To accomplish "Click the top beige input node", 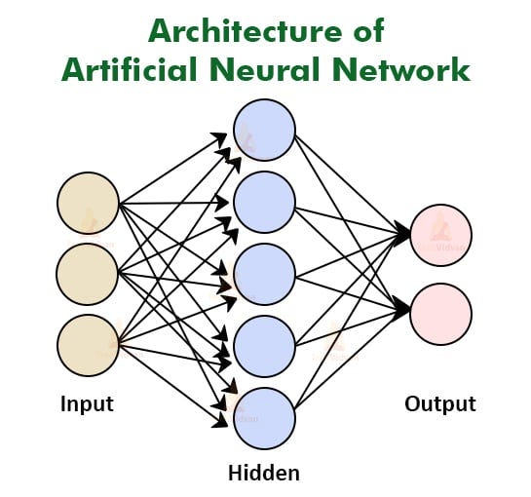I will point(88,203).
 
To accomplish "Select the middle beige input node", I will point(88,274).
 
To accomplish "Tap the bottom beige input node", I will point(88,345).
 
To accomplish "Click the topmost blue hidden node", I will point(264,131).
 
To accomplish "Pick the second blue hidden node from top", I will point(264,203).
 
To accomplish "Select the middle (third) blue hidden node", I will point(264,274).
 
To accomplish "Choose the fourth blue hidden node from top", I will point(264,346).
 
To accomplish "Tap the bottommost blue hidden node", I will point(264,418).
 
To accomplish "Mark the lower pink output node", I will point(441,313).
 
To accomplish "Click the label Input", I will point(87,403).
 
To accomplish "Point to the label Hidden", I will point(263,474).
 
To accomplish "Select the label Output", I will point(440,403).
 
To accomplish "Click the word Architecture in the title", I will point(247,32).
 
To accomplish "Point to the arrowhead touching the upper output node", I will point(404,234).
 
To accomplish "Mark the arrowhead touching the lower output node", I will point(404,311).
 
